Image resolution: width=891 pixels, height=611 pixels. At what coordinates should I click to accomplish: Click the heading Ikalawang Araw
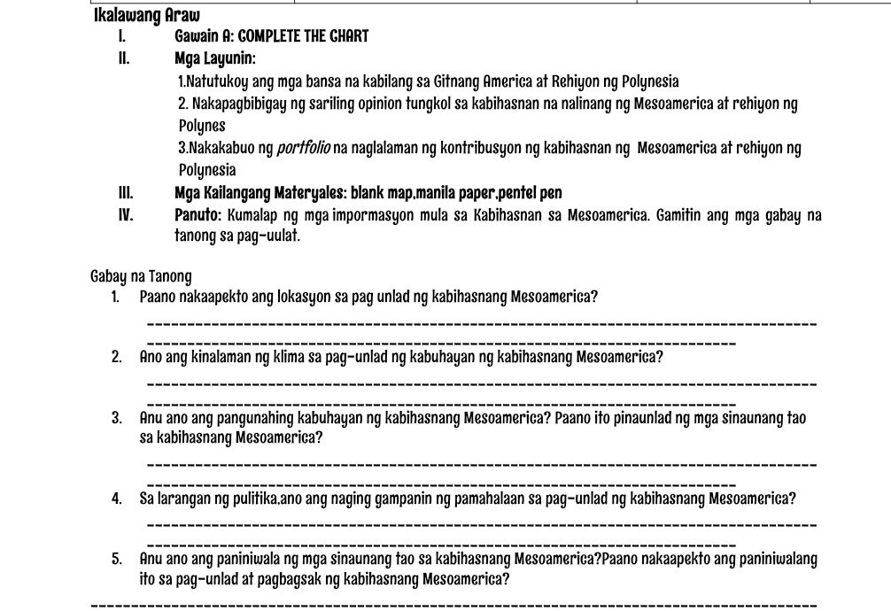[146, 15]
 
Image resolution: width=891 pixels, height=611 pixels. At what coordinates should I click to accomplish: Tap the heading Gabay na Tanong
[141, 276]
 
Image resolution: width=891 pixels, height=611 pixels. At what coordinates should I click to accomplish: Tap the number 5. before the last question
[117, 560]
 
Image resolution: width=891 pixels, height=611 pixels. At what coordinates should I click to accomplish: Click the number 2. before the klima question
[117, 358]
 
